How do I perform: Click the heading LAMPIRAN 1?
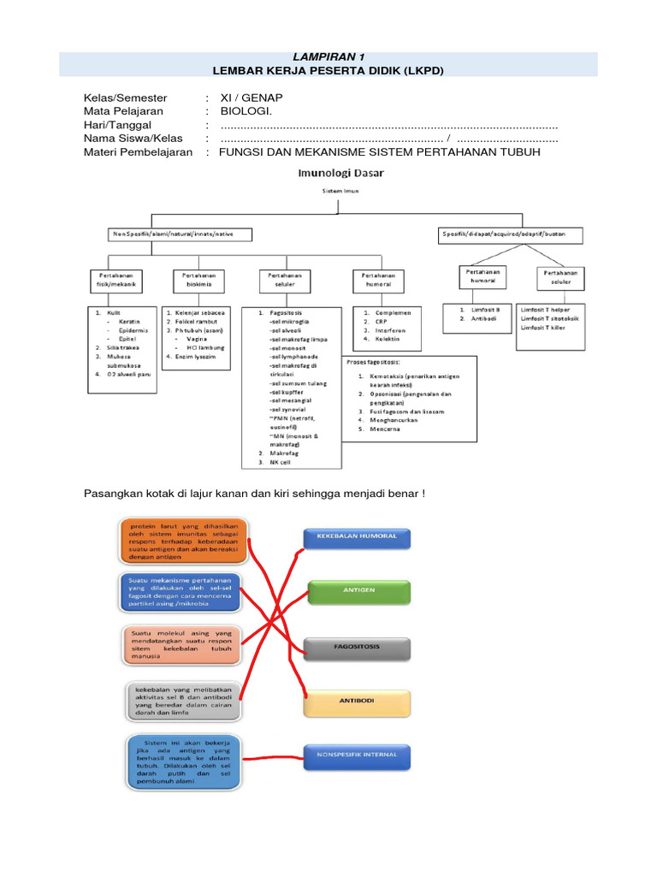328,56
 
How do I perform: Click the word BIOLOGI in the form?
246,111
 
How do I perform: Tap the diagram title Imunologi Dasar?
340,172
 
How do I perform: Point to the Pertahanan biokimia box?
199,281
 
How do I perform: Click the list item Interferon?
384,330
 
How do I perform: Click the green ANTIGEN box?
357,590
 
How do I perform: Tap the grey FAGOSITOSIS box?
357,647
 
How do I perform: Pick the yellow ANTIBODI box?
357,701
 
